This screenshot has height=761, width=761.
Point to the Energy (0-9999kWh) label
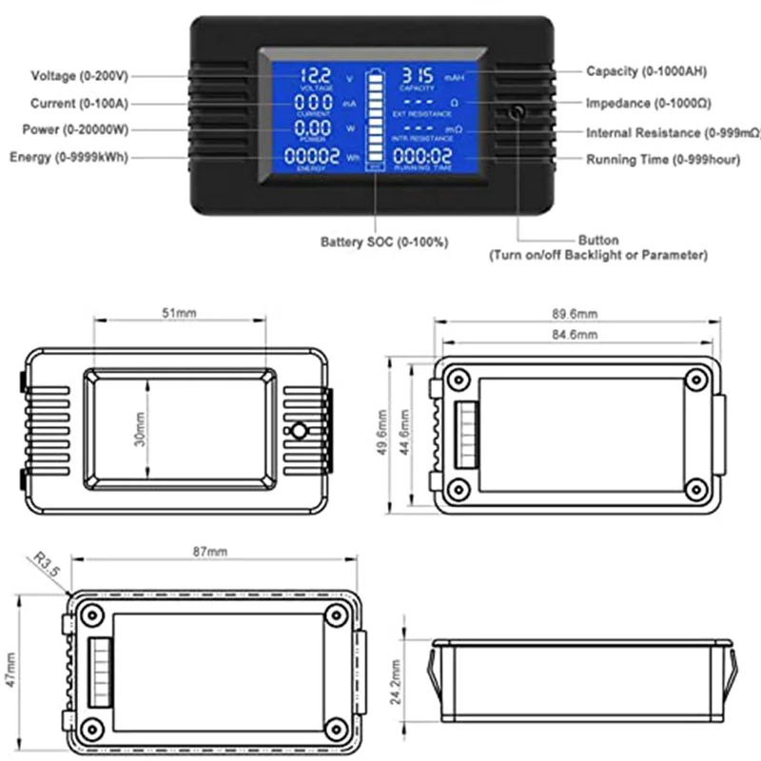pyautogui.click(x=68, y=157)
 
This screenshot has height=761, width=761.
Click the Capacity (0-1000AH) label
pyautogui.click(x=646, y=71)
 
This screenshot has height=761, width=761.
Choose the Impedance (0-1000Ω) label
pyautogui.click(x=649, y=103)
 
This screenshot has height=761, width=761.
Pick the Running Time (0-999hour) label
pyautogui.click(x=662, y=160)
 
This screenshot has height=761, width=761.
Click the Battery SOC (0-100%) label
pyautogui.click(x=384, y=243)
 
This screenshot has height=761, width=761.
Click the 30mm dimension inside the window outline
pyautogui.click(x=141, y=430)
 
